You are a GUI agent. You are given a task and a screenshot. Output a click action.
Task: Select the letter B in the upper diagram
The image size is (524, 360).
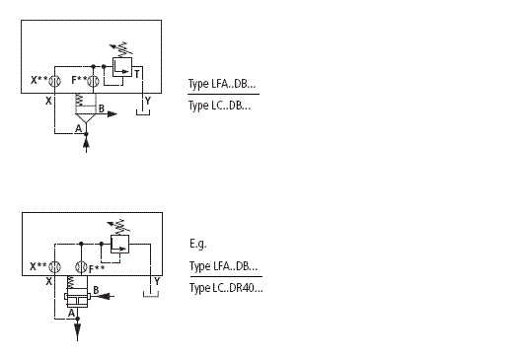point(103,108)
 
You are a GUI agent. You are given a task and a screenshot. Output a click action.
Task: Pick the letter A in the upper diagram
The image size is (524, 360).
point(78,129)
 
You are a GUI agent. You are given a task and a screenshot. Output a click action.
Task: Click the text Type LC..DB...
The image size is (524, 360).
point(219,106)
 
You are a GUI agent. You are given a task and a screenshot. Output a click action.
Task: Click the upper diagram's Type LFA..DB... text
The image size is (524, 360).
point(223,85)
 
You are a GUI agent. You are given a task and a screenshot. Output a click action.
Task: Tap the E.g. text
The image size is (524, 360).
point(197,243)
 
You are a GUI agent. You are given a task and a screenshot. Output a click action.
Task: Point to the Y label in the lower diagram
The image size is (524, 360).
point(157,283)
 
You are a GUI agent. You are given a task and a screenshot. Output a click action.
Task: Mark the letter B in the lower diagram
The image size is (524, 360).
point(96,288)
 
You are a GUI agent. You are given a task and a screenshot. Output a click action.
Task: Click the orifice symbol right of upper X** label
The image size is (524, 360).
point(57,81)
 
